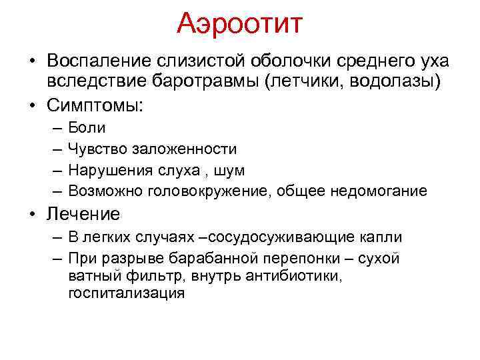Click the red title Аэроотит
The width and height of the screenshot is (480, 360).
tap(240, 25)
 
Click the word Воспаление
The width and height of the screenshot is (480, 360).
tap(98, 61)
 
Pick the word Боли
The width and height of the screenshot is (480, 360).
tap(86, 127)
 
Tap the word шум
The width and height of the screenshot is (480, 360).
tap(228, 170)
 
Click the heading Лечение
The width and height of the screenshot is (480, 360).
tap(83, 214)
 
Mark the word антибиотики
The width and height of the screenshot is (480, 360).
tap(290, 275)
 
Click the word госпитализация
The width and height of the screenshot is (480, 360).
tap(126, 293)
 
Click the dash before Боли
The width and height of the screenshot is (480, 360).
tap(54, 127)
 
